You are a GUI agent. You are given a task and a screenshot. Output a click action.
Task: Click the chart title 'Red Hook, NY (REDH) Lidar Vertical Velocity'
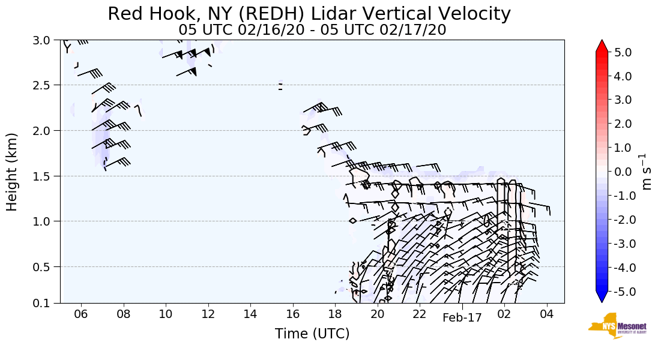coord(309,13)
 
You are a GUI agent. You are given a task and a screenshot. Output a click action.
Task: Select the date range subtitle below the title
coord(312,29)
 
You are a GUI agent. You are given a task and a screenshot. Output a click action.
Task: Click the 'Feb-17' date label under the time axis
coord(462,319)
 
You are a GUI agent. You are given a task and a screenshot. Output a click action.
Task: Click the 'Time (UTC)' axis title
coord(312,334)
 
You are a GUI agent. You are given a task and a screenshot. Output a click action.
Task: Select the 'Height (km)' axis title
coord(13,172)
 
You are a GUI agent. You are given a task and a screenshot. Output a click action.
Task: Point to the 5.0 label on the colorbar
coord(623,52)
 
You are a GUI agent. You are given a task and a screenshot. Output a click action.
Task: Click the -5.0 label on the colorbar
coord(621,292)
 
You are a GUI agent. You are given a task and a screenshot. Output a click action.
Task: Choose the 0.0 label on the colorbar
coord(623,172)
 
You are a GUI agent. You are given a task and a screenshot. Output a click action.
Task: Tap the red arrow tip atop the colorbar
coord(602,46)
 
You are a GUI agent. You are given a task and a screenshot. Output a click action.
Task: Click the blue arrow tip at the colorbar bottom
coord(602,298)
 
